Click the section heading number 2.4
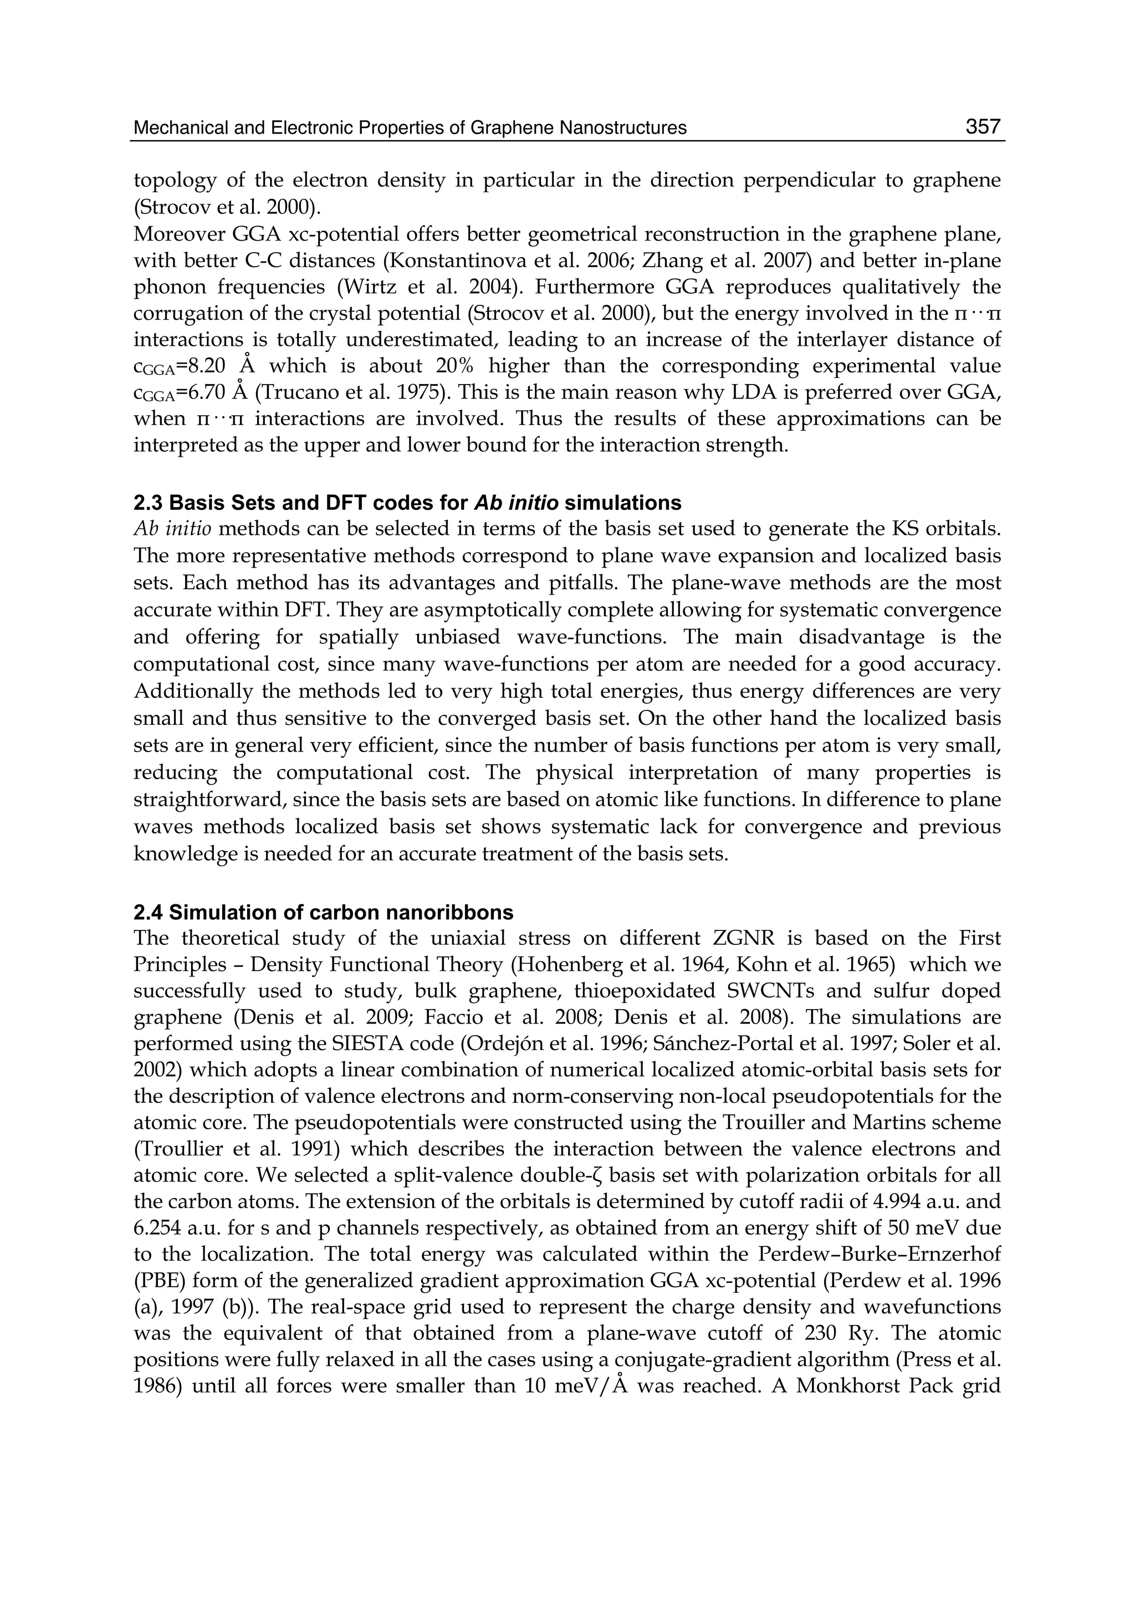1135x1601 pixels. pos(148,913)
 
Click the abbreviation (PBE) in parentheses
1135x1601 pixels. pos(157,1281)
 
